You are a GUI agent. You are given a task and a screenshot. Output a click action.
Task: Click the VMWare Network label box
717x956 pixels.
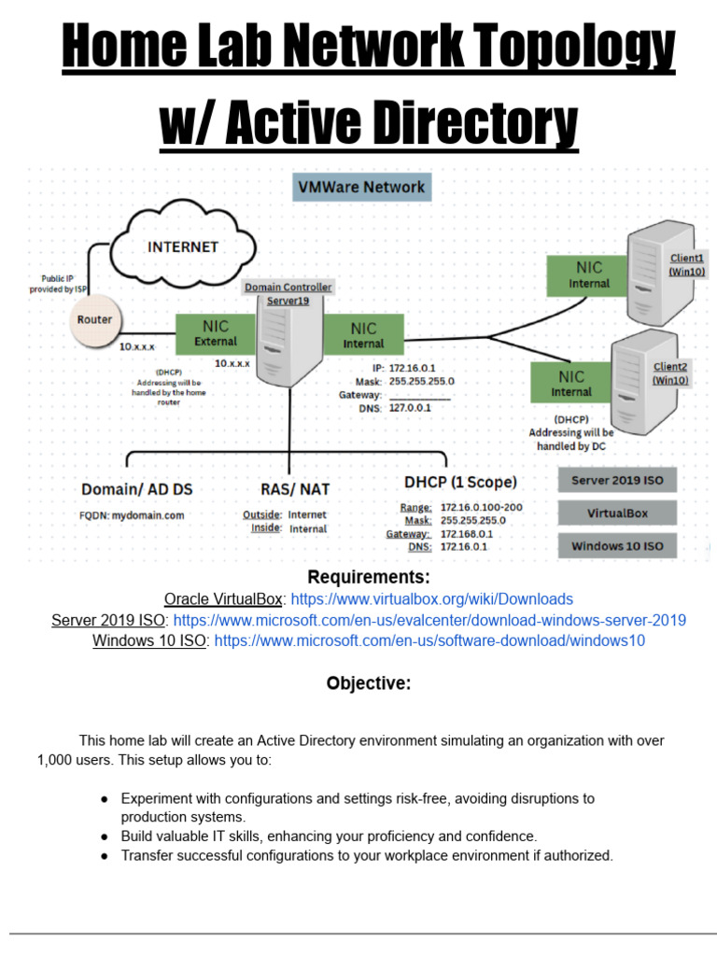click(361, 188)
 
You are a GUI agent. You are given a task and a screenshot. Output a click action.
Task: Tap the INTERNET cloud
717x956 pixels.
click(182, 247)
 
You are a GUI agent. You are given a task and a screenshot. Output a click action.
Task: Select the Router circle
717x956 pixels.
click(94, 320)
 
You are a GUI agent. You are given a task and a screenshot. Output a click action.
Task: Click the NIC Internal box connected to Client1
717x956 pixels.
click(588, 274)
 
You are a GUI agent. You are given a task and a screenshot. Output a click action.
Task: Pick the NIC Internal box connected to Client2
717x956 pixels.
click(570, 383)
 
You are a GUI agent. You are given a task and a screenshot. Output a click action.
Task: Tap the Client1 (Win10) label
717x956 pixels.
click(686, 264)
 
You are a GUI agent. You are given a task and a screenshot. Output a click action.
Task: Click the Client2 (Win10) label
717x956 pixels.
click(670, 373)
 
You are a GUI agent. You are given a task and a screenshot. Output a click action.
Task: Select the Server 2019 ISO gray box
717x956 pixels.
click(617, 481)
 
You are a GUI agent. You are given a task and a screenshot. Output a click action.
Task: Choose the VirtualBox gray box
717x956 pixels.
click(617, 513)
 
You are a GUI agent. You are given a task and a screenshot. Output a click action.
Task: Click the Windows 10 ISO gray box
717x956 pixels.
click(617, 546)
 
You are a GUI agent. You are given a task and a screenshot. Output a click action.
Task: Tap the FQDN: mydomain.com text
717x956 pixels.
click(132, 514)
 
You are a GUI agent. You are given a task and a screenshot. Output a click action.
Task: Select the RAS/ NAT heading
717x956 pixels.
click(294, 488)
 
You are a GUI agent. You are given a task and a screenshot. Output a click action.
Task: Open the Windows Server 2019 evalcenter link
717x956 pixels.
click(429, 621)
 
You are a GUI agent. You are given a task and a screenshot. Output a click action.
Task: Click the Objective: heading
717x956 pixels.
click(368, 683)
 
